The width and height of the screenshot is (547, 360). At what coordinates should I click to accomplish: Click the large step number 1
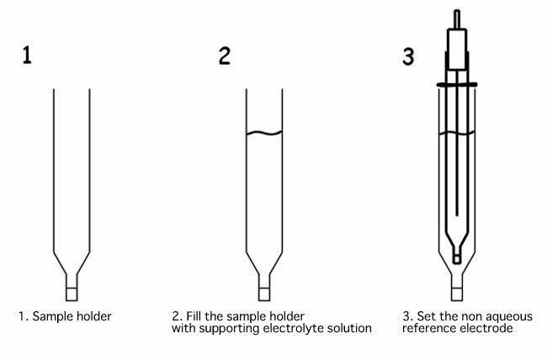(x=29, y=56)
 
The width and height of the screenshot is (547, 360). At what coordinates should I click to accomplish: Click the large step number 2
(x=224, y=56)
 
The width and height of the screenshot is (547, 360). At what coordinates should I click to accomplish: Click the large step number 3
(x=408, y=56)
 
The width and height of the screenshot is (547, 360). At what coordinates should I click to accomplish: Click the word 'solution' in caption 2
(x=349, y=327)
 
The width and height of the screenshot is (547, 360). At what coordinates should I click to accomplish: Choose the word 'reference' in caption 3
(x=428, y=327)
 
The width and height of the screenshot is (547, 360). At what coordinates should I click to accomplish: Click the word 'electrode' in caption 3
(x=482, y=327)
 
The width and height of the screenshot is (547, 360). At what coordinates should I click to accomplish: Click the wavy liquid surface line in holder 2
(x=263, y=133)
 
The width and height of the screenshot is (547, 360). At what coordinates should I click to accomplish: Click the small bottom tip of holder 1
(x=72, y=292)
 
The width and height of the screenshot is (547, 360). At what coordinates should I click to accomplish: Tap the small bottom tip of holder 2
(x=263, y=292)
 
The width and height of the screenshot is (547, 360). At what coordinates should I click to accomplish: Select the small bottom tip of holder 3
(x=455, y=292)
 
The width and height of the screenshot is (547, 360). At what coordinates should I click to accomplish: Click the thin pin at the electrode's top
(x=455, y=17)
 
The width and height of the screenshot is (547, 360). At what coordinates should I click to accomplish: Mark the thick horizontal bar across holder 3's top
(x=455, y=84)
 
